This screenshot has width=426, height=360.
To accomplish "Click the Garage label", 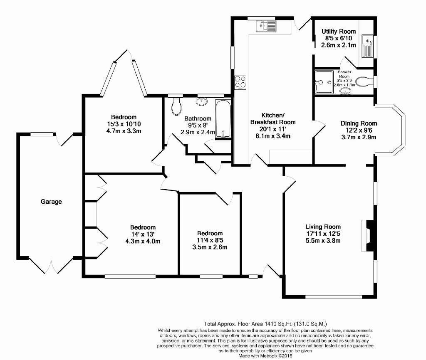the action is (51, 202).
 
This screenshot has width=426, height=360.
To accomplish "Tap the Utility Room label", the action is (339, 32).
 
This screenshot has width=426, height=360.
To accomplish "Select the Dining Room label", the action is (359, 123).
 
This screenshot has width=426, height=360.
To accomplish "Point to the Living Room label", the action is (323, 227).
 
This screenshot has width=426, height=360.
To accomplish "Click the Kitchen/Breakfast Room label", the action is (273, 118).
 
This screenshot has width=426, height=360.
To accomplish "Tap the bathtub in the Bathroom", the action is (223, 119).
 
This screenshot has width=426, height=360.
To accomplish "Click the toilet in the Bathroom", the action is (176, 106).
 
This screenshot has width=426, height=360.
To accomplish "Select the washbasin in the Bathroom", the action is (202, 101).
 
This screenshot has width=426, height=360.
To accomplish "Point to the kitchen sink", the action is (266, 26).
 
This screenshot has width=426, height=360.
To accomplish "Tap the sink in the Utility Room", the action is (368, 46).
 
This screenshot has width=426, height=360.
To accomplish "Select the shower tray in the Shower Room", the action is (324, 82).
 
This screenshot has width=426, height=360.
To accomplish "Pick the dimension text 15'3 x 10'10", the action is (124, 124).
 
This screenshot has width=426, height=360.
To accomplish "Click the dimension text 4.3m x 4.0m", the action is (143, 241).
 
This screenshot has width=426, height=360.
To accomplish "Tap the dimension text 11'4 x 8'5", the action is (210, 240).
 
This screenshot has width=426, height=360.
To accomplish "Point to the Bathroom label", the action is (198, 118).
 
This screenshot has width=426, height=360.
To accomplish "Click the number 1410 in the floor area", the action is (268, 323).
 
